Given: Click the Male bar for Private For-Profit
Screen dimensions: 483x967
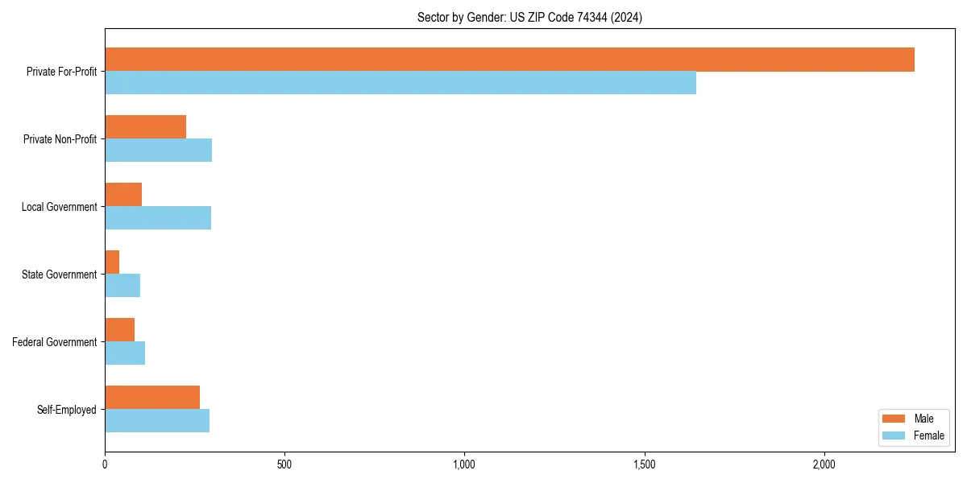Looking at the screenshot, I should (509, 60).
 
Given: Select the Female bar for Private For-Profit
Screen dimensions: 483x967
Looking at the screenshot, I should (400, 83).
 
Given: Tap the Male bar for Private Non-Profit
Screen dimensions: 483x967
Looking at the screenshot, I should (145, 127).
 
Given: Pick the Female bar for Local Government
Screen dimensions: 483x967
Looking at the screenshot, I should (158, 218).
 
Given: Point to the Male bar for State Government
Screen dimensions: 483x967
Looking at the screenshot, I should (112, 262).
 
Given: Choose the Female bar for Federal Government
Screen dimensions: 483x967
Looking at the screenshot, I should (125, 353).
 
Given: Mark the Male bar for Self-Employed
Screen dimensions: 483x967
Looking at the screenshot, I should (152, 398).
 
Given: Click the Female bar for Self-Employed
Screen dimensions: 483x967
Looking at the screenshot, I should (157, 421).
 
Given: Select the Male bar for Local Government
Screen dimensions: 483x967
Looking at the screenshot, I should (123, 195).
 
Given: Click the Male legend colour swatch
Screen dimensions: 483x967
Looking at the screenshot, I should (894, 419).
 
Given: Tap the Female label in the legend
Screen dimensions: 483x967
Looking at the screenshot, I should (928, 436).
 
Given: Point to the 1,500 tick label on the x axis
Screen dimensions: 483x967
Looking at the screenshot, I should (644, 464).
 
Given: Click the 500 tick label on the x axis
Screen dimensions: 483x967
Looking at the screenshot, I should (284, 464).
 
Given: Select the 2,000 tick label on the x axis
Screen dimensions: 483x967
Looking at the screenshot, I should (824, 464).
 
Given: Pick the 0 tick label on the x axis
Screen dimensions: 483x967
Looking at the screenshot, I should (105, 464).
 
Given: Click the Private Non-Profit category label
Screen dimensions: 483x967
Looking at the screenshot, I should (60, 139).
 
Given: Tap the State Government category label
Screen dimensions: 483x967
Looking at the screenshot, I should (60, 275).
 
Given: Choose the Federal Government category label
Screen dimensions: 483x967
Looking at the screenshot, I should (55, 342).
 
